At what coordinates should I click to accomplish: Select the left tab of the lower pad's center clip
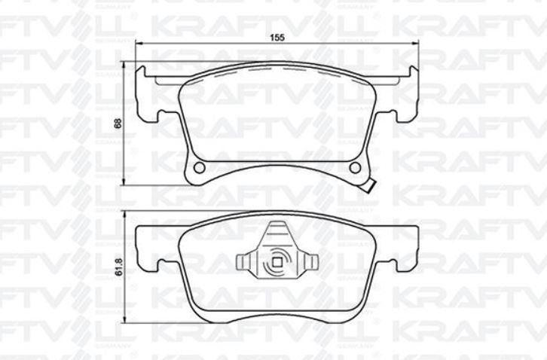click(243, 262)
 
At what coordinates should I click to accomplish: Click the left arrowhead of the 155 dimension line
click(139, 44)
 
